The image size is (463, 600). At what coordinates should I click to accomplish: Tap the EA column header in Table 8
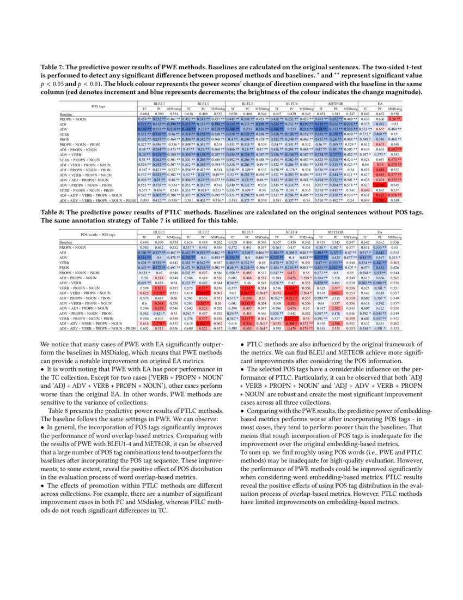380,232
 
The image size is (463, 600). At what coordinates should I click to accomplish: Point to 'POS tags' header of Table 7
98,105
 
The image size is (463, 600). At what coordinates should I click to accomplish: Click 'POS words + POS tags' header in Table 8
98,235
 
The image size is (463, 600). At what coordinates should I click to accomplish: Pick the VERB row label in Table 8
65,262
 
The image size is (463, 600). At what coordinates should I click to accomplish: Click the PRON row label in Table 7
65,138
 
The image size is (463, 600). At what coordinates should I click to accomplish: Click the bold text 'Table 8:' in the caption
53,213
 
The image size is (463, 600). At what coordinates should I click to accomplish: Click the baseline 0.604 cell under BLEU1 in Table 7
144,114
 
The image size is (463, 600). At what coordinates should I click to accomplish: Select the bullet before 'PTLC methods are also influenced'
242,344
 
